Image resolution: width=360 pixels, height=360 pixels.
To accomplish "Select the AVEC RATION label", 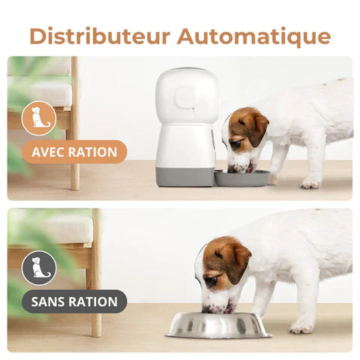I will click(74, 152).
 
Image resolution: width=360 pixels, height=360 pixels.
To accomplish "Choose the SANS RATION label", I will click(74, 302).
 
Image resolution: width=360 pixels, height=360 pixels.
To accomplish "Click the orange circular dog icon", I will click(39, 118).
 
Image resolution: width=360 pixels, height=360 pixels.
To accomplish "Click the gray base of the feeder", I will click(185, 175).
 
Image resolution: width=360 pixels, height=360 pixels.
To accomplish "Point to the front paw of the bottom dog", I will click(302, 327).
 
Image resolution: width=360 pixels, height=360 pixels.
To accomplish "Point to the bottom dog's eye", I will click(212, 279).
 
